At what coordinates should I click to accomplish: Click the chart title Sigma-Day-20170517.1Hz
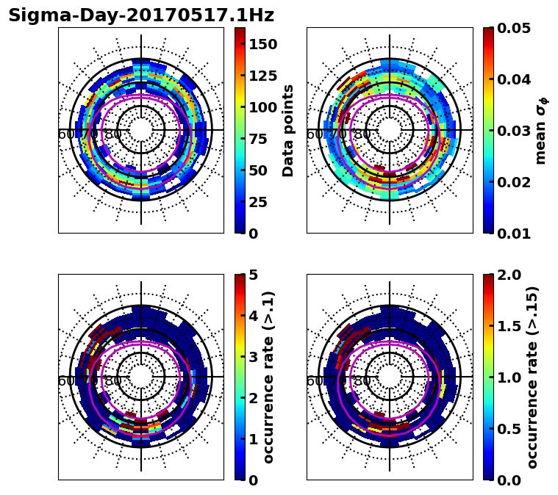(141, 15)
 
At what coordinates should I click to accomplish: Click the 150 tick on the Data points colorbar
(262, 44)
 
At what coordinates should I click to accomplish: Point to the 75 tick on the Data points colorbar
(257, 139)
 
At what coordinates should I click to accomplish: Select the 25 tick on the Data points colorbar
(257, 202)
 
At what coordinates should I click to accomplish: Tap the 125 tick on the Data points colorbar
(262, 76)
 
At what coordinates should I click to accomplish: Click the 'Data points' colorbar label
(288, 130)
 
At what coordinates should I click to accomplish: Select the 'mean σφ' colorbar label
(541, 131)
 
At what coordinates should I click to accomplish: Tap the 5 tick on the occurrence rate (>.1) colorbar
(252, 275)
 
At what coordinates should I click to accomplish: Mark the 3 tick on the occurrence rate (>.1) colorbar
(252, 357)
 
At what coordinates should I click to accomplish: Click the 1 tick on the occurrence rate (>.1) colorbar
(252, 439)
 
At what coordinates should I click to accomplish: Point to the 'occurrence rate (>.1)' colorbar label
(269, 377)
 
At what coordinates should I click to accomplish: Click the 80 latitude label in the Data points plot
(113, 134)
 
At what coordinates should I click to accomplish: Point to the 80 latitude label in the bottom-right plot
(362, 381)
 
